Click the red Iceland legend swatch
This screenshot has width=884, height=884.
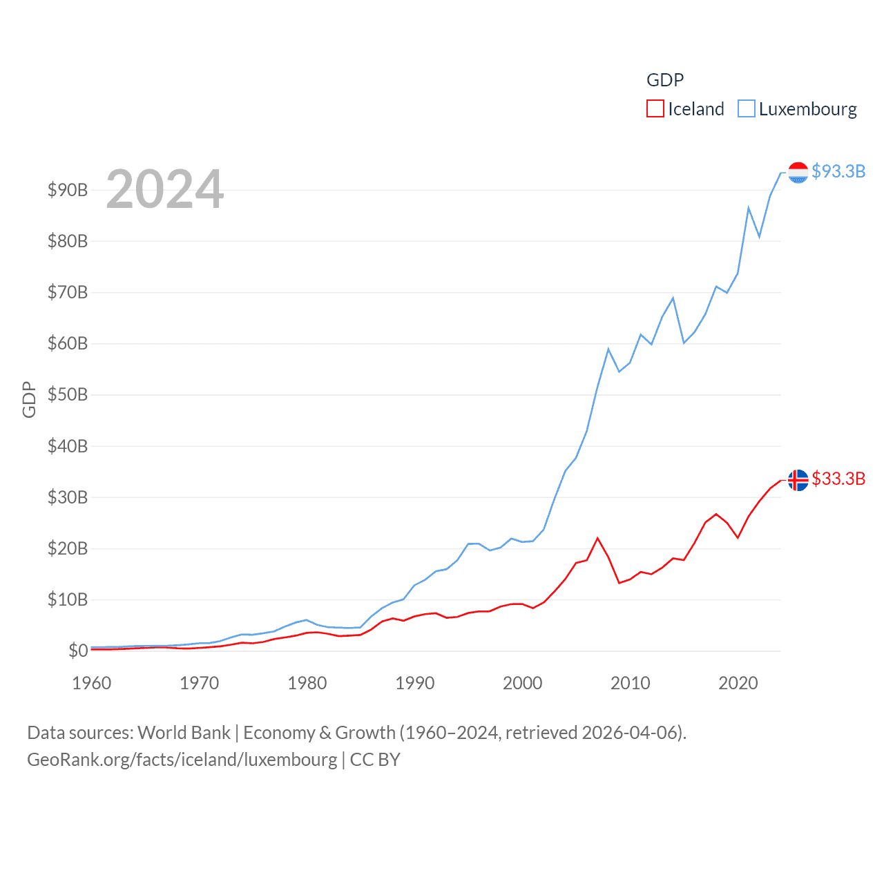[x=655, y=109]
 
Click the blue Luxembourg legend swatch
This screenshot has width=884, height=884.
[x=746, y=109]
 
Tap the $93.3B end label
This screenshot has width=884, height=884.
[x=838, y=171]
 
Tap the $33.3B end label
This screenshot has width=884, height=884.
[x=838, y=479]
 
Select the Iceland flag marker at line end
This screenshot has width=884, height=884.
[x=798, y=480]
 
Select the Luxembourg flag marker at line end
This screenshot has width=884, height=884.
[x=798, y=173]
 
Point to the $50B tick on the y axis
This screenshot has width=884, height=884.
[x=68, y=395]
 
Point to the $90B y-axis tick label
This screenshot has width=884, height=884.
[x=68, y=190]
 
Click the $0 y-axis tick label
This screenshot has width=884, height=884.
[x=78, y=651]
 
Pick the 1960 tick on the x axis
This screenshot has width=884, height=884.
[x=92, y=683]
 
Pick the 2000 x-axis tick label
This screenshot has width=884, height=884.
[x=523, y=683]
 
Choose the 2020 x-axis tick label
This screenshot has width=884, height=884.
[x=738, y=683]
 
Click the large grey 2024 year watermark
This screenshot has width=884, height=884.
[x=165, y=189]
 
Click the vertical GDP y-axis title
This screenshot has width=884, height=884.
[x=29, y=399]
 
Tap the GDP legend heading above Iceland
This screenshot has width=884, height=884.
[x=665, y=80]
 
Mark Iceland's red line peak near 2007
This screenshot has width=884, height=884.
[x=597, y=538]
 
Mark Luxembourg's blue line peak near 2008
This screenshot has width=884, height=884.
[x=608, y=349]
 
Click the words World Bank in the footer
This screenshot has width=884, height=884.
[x=184, y=732]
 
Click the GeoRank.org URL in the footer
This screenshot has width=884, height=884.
[x=182, y=760]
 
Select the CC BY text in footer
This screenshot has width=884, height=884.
[x=375, y=760]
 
